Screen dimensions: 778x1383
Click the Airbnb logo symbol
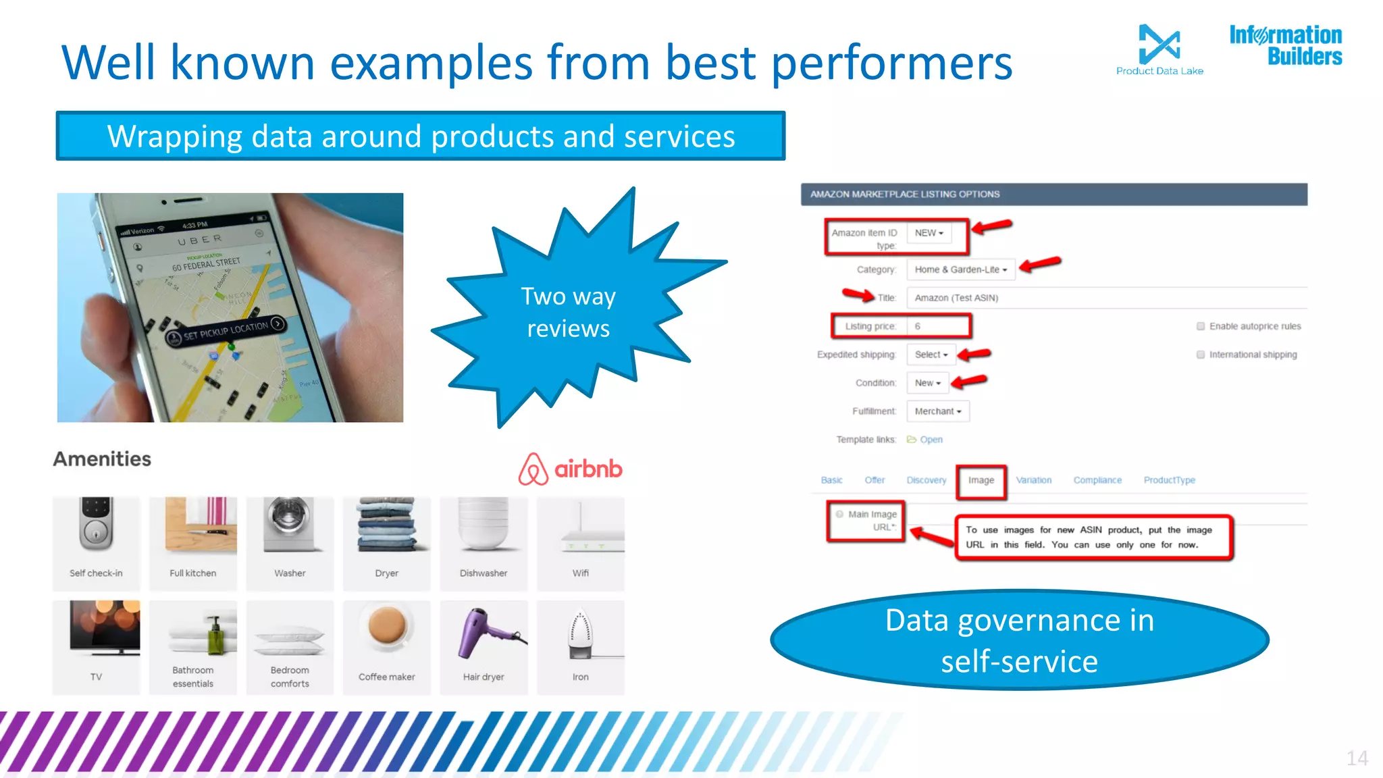pos(533,469)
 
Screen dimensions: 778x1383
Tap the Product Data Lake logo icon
pos(1159,44)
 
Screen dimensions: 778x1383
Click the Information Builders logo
pos(1285,45)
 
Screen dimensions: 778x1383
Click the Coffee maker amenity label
pos(386,677)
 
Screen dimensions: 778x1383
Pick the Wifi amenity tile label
pos(580,573)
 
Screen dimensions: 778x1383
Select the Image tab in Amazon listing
pos(981,480)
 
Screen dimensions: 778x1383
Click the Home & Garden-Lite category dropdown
pos(960,269)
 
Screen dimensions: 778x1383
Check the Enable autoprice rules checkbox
pos(1201,326)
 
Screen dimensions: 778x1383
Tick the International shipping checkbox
pos(1201,355)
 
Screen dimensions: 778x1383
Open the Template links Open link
pos(930,440)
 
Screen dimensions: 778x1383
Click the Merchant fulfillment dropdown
pos(937,411)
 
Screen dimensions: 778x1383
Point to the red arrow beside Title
pos(858,294)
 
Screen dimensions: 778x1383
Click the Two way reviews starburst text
pos(568,312)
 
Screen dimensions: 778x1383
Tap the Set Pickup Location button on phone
pos(226,330)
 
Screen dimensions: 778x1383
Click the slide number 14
pos(1357,758)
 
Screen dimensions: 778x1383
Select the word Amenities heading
pos(102,459)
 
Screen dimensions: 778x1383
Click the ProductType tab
pos(1169,480)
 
